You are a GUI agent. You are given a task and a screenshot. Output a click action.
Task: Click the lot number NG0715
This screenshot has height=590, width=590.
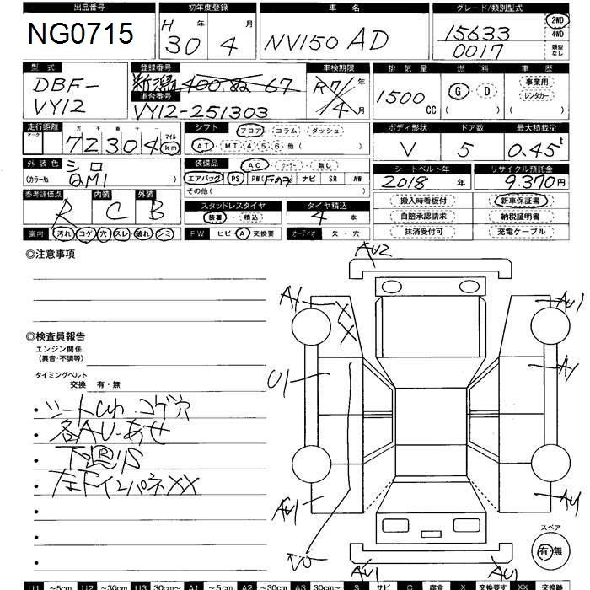click(x=81, y=34)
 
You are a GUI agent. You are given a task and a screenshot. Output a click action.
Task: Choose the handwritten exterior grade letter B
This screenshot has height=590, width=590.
click(x=153, y=211)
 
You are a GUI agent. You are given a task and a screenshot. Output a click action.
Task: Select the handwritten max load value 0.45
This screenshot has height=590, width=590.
click(x=534, y=148)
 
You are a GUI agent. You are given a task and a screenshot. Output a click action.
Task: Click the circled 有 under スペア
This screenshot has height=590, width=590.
click(x=546, y=550)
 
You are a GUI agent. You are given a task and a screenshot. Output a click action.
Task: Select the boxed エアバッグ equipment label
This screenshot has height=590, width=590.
click(x=204, y=179)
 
